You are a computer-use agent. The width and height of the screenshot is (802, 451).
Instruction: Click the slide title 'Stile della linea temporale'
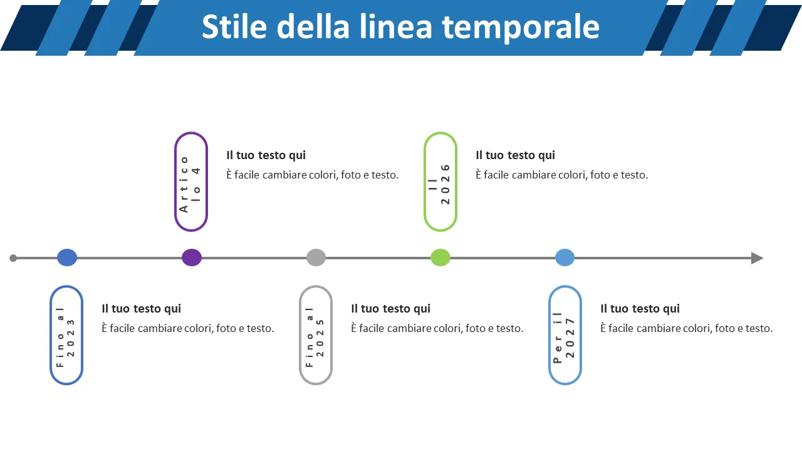coord(400,27)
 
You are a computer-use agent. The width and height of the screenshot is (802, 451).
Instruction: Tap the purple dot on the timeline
coord(192,257)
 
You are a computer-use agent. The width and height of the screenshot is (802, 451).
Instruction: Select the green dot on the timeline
coord(440,257)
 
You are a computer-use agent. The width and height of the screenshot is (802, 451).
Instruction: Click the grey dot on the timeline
coord(316,257)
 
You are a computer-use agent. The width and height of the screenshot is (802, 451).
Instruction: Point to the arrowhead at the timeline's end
coord(757,258)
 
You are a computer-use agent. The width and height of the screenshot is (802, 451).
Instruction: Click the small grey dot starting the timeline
coord(13,258)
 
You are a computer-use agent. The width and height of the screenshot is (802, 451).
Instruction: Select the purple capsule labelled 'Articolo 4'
coord(191,182)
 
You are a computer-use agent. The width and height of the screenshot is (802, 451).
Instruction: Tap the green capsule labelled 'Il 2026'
coord(440,182)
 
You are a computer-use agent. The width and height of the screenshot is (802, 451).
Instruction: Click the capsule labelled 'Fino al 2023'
coord(66,335)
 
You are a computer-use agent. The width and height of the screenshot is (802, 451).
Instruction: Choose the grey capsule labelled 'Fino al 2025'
coord(316,335)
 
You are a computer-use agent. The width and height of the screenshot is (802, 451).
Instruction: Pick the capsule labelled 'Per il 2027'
coord(565,335)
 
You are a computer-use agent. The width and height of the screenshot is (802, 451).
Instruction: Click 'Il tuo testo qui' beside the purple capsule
coord(266,155)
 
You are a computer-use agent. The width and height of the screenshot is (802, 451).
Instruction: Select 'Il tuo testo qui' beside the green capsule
coord(516,155)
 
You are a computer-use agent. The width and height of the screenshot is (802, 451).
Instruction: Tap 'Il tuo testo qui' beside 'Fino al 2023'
coord(142,309)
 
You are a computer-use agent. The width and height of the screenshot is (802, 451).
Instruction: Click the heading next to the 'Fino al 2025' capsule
coord(391,309)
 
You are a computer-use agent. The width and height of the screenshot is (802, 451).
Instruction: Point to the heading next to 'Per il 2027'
coord(640,309)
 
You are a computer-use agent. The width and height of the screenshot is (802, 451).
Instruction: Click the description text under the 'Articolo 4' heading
coord(313,175)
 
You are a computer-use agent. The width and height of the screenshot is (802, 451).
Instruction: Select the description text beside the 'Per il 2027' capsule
coord(687,328)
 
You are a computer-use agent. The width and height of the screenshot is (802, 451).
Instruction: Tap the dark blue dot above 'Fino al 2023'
coord(67,257)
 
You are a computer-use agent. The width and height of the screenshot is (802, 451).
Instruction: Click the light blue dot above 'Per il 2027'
coord(565,257)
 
